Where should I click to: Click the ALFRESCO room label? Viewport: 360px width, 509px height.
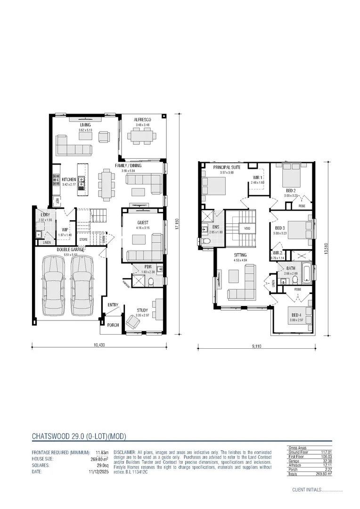tap(142, 121)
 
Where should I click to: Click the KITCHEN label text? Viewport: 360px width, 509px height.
tap(69, 180)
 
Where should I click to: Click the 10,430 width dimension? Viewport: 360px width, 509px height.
tap(99, 345)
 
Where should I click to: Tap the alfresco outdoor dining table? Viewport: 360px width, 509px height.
tap(142, 137)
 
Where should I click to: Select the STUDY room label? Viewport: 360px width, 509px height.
tap(142, 310)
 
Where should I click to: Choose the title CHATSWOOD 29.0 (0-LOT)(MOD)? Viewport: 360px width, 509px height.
tap(79, 436)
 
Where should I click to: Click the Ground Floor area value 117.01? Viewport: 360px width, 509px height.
tap(325, 452)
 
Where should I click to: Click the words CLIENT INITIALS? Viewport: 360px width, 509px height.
tap(306, 490)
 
